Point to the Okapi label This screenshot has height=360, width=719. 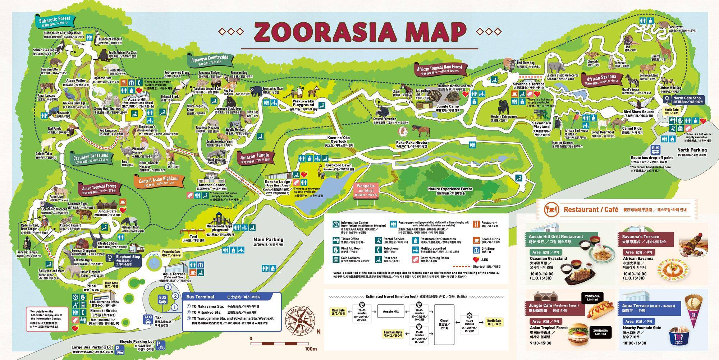(396, 92)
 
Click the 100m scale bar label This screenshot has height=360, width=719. (310, 349)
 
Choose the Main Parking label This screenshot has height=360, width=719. (268, 239)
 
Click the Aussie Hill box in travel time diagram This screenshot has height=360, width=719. (390, 311)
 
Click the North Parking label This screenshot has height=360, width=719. (692, 150)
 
